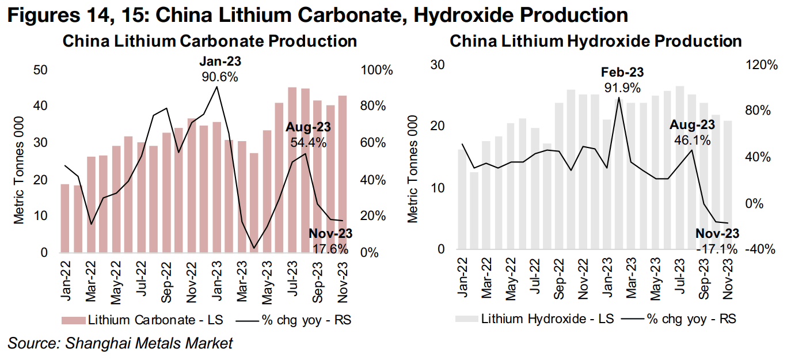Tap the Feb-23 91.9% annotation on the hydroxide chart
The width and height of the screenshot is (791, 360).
tap(622, 80)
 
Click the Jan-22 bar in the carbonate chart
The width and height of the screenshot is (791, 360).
tap(65, 218)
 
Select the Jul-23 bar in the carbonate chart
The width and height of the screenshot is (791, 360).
tap(292, 170)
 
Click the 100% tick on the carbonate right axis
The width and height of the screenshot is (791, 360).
tap(377, 71)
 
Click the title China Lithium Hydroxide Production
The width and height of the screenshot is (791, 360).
tap(595, 41)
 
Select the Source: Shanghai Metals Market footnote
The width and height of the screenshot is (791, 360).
tap(120, 344)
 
